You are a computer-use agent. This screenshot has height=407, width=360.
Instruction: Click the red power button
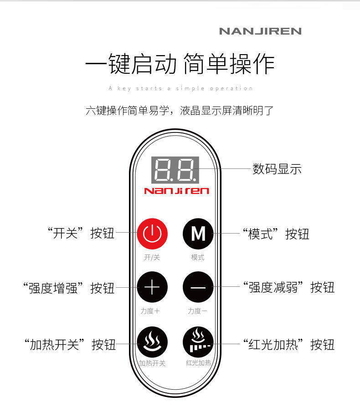coord(152,234)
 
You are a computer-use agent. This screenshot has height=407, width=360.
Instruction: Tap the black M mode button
coord(198,234)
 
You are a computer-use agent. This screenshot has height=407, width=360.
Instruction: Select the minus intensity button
coord(198,288)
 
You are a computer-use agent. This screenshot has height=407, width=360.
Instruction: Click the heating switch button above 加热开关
coord(152,342)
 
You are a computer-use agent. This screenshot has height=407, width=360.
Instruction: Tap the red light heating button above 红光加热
coord(198,342)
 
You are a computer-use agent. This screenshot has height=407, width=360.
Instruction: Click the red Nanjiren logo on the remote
coord(176,190)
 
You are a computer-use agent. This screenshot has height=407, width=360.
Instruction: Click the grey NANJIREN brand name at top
coord(260,31)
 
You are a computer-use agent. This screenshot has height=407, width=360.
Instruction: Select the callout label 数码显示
coord(277,169)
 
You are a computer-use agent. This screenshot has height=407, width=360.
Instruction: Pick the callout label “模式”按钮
coord(276,234)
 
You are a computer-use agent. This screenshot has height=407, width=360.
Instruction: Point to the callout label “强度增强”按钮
coord(68,288)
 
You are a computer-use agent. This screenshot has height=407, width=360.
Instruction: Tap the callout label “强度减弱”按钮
coord(288,288)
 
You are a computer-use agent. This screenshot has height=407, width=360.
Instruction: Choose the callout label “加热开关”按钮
coord(70,345)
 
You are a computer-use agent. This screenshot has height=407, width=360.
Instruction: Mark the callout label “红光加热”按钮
coord(288,345)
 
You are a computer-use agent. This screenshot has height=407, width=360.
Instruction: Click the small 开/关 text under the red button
coord(152,257)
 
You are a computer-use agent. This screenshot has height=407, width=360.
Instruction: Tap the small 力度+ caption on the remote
coord(150,311)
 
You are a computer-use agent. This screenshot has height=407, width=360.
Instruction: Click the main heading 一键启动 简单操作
coord(180,64)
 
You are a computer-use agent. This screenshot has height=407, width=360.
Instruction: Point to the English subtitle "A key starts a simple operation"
coord(180,88)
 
